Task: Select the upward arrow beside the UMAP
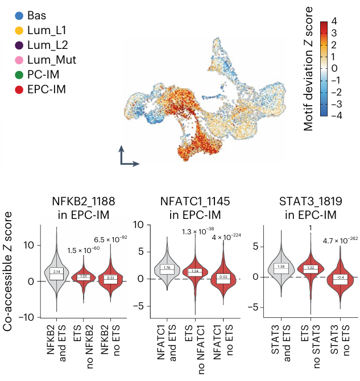[121, 154]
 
